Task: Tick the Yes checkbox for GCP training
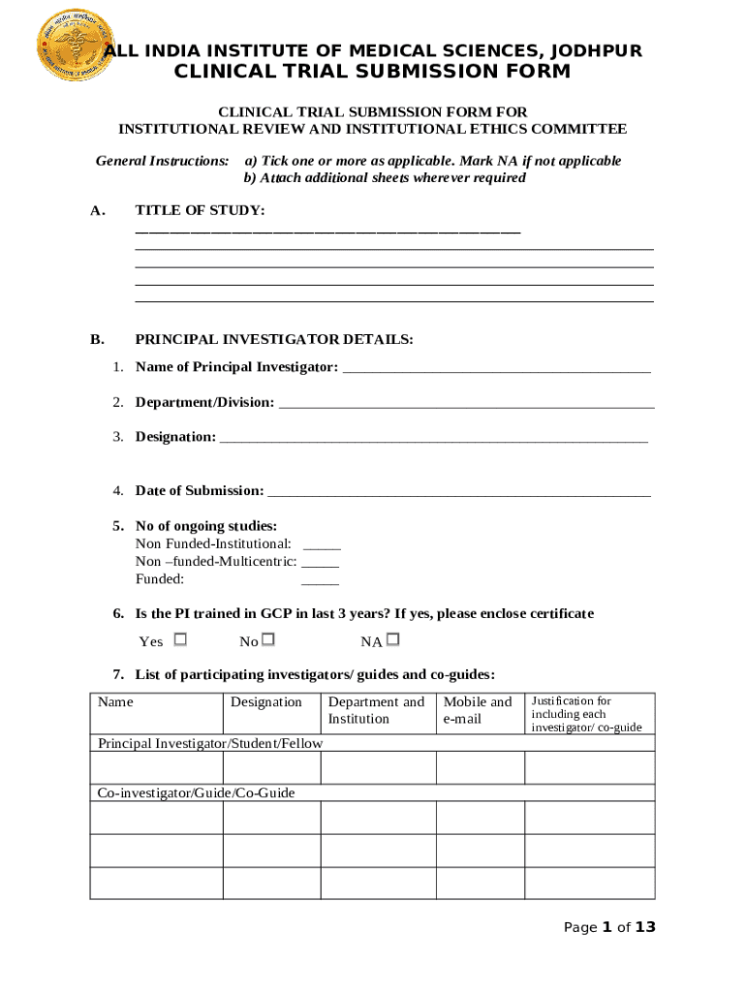coord(179,639)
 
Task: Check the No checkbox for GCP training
coord(268,639)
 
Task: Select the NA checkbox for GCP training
coord(392,639)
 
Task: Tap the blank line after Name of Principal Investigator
coord(496,368)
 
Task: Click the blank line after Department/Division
coord(466,403)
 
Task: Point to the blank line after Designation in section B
coord(433,438)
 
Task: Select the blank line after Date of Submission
coord(458,492)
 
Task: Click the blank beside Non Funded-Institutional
coord(322,545)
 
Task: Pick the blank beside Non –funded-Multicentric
coord(321,563)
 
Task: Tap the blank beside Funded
coord(321,581)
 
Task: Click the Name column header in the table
coord(116,701)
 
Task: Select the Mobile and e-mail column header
coord(478,710)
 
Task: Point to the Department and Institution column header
coord(376,710)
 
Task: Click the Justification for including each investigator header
coord(585,713)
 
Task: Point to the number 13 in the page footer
coord(645,927)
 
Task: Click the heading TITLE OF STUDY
coord(200,210)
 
